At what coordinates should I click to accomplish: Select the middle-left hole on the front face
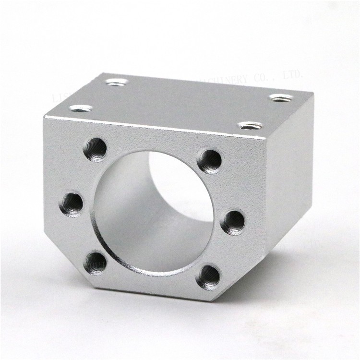click(x=71, y=204)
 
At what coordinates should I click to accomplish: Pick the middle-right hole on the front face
click(x=233, y=222)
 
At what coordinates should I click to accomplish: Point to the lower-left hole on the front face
click(x=95, y=263)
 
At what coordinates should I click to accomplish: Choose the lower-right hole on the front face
click(x=209, y=277)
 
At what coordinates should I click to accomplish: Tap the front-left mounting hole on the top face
click(x=81, y=108)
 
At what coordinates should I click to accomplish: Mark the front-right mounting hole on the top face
click(x=250, y=126)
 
